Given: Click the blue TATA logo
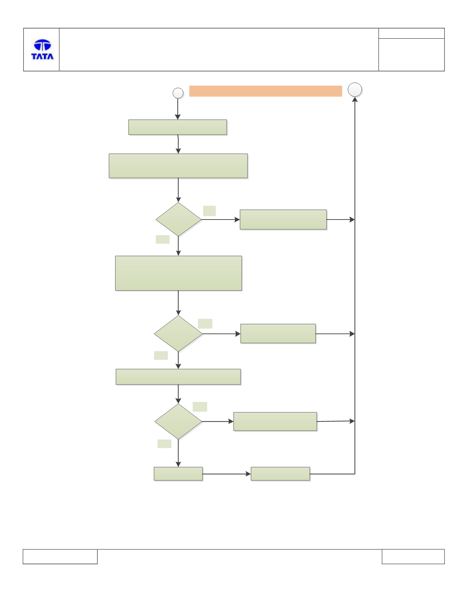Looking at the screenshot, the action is tap(42, 49).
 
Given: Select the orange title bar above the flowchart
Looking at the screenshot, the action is tap(266, 91).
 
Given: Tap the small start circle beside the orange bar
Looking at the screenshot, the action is tap(178, 93).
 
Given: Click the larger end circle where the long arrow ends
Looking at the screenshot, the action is tap(355, 90).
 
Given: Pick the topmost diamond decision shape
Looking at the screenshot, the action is tap(178, 219).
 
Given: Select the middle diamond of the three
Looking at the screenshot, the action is tap(178, 333).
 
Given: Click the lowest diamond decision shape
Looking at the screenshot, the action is tap(178, 421).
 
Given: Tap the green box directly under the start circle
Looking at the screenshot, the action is tap(178, 127).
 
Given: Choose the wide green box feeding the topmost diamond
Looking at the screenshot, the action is tap(178, 166).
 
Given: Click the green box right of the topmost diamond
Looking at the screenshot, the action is tap(283, 220).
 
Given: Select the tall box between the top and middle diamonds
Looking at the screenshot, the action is tap(178, 273).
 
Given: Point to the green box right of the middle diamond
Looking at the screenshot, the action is tap(278, 333).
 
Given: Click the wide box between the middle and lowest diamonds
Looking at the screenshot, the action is tap(178, 377).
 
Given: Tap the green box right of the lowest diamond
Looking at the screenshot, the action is tap(275, 421).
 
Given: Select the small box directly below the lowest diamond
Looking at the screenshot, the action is tap(178, 474).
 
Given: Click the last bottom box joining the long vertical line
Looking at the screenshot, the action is tap(280, 474).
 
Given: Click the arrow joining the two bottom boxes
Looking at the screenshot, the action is tap(227, 474).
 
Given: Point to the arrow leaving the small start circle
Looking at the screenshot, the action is tap(178, 109).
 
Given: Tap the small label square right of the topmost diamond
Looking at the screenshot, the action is tap(210, 211).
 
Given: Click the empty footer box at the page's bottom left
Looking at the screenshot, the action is tap(60, 556).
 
